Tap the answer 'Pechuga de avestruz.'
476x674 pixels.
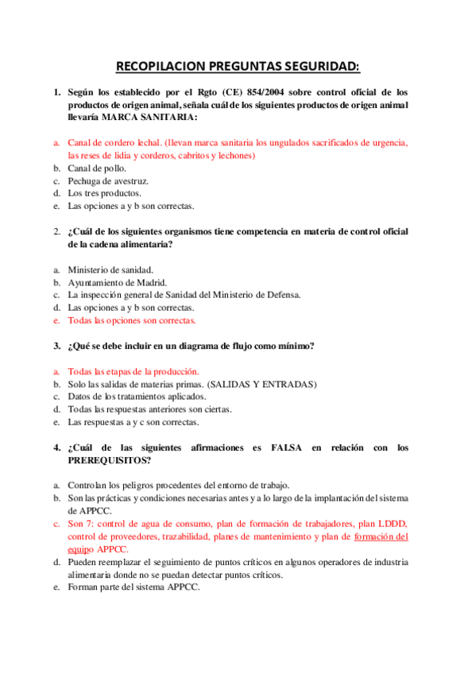tap(108, 180)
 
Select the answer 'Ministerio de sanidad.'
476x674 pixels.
tap(110, 269)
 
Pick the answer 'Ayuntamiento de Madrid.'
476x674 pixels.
tap(117, 282)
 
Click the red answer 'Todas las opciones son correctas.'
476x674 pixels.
tap(131, 320)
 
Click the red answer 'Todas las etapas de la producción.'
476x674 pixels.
tap(134, 371)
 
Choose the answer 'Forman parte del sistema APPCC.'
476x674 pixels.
tap(134, 587)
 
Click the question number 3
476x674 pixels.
tap(56, 346)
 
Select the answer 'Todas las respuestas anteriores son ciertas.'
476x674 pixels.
tap(149, 409)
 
